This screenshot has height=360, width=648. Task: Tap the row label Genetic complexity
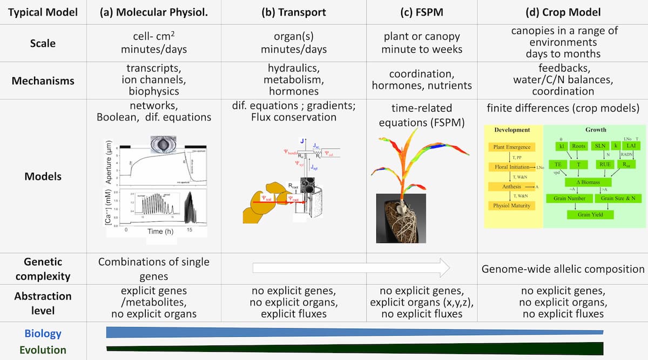[x=43, y=269]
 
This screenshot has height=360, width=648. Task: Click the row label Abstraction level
[x=43, y=303]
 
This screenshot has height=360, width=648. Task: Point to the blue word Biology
[x=43, y=333]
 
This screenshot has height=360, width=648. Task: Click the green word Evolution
[x=43, y=350]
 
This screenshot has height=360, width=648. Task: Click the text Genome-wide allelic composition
[x=563, y=269]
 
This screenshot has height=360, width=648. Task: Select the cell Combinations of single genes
[x=154, y=269]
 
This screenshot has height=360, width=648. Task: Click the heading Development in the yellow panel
[x=512, y=130]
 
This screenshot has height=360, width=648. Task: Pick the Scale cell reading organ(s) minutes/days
[x=293, y=43]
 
